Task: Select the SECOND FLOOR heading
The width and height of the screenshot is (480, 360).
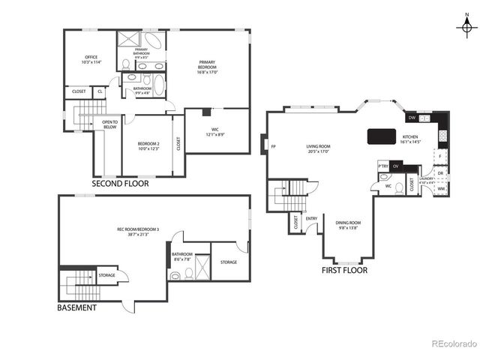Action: click(x=120, y=183)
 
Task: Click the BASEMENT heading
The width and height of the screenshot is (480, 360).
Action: click(x=77, y=307)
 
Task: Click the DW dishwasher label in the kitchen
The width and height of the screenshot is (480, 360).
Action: click(x=412, y=118)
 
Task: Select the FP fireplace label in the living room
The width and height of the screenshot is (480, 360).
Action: click(x=274, y=146)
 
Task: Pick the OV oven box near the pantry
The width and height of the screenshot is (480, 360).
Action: click(x=396, y=166)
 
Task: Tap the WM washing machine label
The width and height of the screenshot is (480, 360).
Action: click(x=440, y=188)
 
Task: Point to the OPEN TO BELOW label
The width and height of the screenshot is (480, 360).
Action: click(x=109, y=125)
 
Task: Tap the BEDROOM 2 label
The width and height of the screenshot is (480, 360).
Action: click(x=148, y=142)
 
